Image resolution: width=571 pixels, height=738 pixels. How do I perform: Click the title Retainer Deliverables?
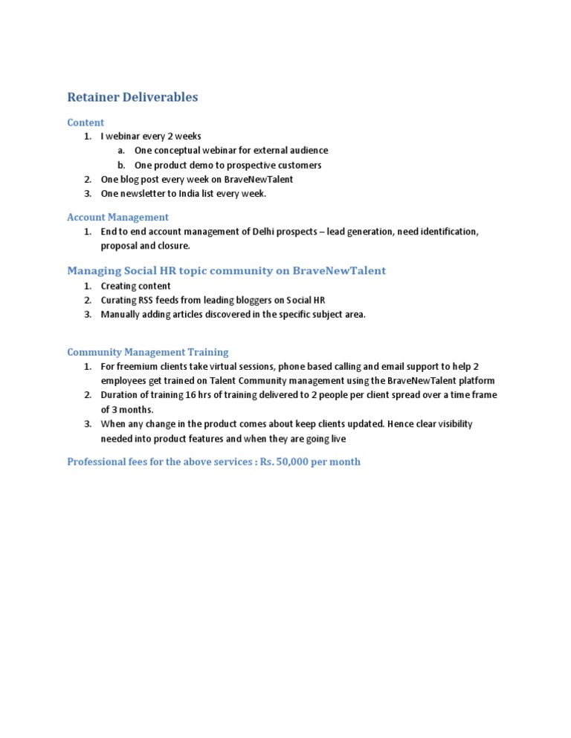point(132,97)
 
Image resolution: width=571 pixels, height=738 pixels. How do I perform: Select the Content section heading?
point(86,123)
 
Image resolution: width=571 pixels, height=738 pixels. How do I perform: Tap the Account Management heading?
point(117,218)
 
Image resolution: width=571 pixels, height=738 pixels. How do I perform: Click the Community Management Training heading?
point(147,352)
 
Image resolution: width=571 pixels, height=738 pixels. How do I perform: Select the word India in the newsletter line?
point(190,194)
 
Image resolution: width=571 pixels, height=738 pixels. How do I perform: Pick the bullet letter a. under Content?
point(120,151)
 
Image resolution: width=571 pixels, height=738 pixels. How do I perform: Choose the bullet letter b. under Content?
point(120,165)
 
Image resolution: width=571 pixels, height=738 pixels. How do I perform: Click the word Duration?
point(119,395)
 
